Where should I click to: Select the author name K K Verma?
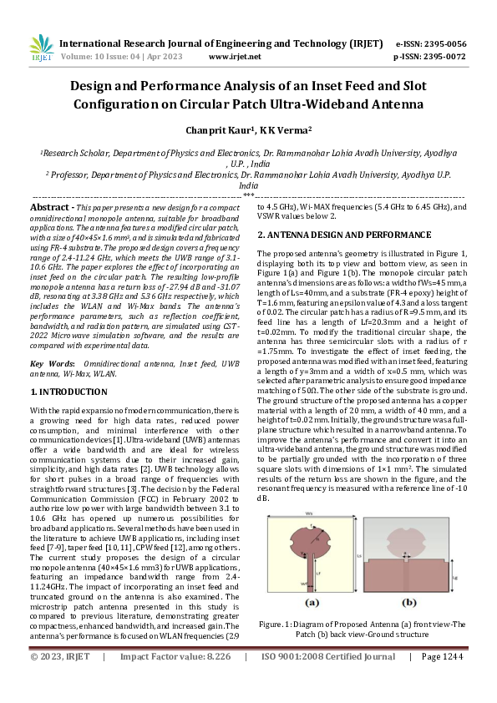pyautogui.click(x=284, y=130)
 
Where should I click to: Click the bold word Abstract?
pyautogui.click(x=51, y=206)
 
